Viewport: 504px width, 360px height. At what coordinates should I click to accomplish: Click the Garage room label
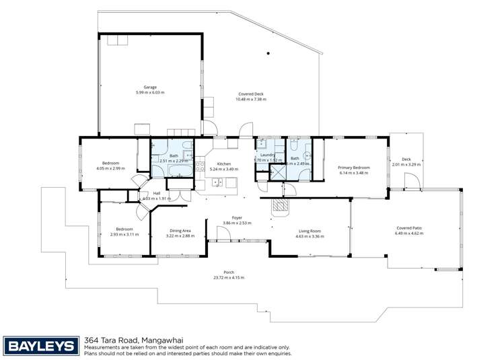[149, 87]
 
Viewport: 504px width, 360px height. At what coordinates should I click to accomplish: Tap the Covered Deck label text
[250, 94]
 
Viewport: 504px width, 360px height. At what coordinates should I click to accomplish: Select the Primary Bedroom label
[353, 167]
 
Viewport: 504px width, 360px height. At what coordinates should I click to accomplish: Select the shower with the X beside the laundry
[277, 172]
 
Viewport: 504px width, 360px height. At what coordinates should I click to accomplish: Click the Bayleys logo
[40, 346]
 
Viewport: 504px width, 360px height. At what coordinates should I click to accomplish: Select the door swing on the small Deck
[412, 180]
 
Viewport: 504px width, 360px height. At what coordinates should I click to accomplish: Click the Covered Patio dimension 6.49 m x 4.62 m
[409, 233]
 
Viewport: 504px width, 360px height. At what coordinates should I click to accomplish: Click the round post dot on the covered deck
[268, 53]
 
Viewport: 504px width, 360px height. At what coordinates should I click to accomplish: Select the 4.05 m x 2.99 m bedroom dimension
[110, 168]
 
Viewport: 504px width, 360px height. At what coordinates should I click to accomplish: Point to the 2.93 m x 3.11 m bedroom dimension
[124, 234]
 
